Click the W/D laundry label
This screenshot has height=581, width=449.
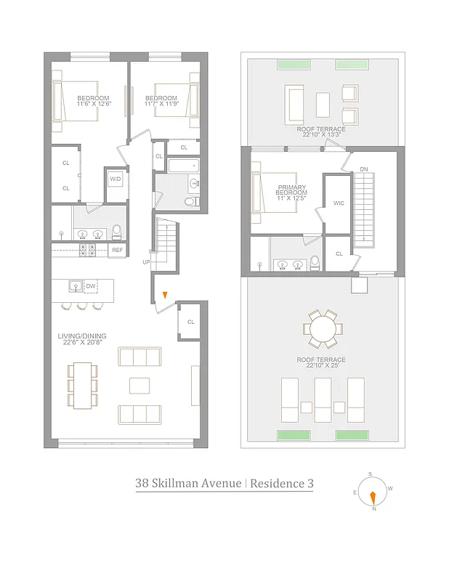pos(116,179)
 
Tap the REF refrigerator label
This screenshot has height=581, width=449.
pos(117,251)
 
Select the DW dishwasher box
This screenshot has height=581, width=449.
pos(91,286)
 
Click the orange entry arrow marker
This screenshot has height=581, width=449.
pos(166,295)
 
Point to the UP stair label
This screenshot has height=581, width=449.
pos(147,261)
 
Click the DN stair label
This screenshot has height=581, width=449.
pos(363,170)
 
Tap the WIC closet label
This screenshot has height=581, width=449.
pos(339,203)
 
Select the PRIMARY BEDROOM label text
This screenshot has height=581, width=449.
pos(292,190)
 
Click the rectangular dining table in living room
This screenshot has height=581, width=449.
pos(82,386)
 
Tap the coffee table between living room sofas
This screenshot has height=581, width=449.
pos(139,385)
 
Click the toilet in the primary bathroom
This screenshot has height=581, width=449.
pos(314,262)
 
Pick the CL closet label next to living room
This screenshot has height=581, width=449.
pos(190,322)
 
